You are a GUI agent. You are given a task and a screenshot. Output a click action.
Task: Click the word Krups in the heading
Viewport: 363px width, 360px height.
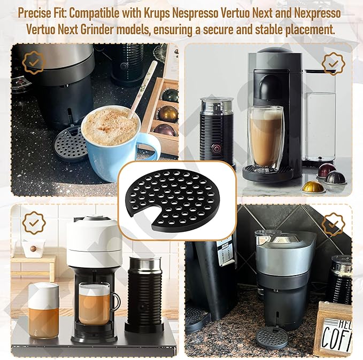pos(157,14)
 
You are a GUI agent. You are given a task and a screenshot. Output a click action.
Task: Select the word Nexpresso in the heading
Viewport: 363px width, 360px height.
pos(318,14)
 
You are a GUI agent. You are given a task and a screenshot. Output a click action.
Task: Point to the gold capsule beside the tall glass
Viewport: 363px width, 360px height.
pos(313,187)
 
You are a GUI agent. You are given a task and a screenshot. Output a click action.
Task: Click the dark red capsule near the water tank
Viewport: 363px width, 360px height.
pos(327,170)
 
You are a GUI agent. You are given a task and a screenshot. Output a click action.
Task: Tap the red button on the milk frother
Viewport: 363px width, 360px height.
pos(217,148)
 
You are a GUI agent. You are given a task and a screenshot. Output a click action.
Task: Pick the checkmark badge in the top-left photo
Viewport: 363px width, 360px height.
pos(34,62)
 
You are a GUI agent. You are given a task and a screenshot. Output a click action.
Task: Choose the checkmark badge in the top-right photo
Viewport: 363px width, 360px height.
pos(333,64)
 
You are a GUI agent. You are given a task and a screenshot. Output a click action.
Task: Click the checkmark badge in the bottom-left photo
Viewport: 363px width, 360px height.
pos(34,223)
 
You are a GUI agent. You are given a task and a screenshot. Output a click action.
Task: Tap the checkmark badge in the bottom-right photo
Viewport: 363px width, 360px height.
pos(333,225)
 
